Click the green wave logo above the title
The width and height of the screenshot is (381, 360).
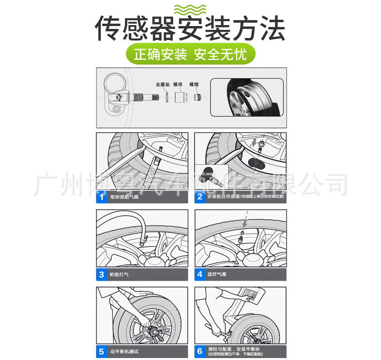tap(190, 9)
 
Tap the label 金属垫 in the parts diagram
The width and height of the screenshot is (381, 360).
tap(163, 84)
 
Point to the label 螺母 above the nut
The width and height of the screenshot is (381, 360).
tap(177, 84)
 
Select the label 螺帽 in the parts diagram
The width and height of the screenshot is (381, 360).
tap(194, 84)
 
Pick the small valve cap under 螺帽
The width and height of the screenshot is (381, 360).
tap(197, 98)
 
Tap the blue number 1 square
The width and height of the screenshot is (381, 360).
tap(102, 197)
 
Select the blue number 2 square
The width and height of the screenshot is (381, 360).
tap(200, 197)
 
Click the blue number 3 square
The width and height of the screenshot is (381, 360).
tap(102, 275)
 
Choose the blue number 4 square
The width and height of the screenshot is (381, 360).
tap(200, 275)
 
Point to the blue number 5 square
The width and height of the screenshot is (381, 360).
tap(102, 352)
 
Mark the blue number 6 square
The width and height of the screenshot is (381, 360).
tap(200, 352)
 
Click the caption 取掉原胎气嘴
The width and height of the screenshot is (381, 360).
tap(124, 197)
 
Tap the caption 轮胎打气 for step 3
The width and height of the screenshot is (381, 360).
tap(119, 275)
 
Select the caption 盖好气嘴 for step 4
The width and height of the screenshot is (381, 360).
tap(217, 275)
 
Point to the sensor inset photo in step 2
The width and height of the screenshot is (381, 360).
tap(211, 176)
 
